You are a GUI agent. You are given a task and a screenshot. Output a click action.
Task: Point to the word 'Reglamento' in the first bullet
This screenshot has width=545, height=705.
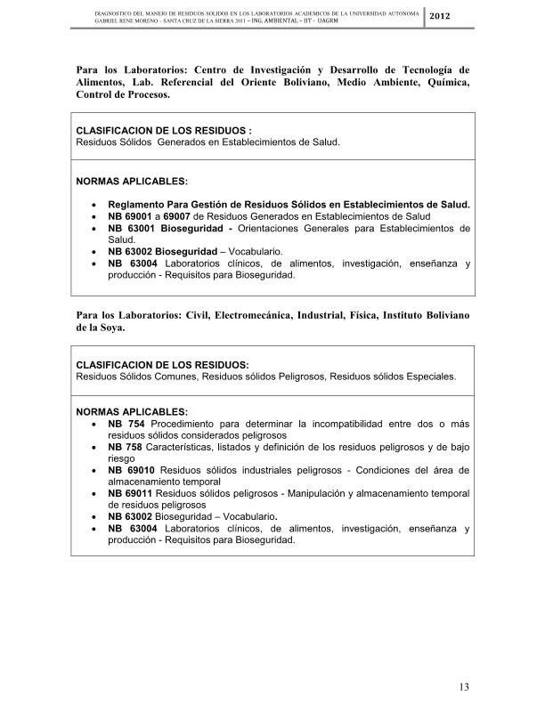coord(141,205)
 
